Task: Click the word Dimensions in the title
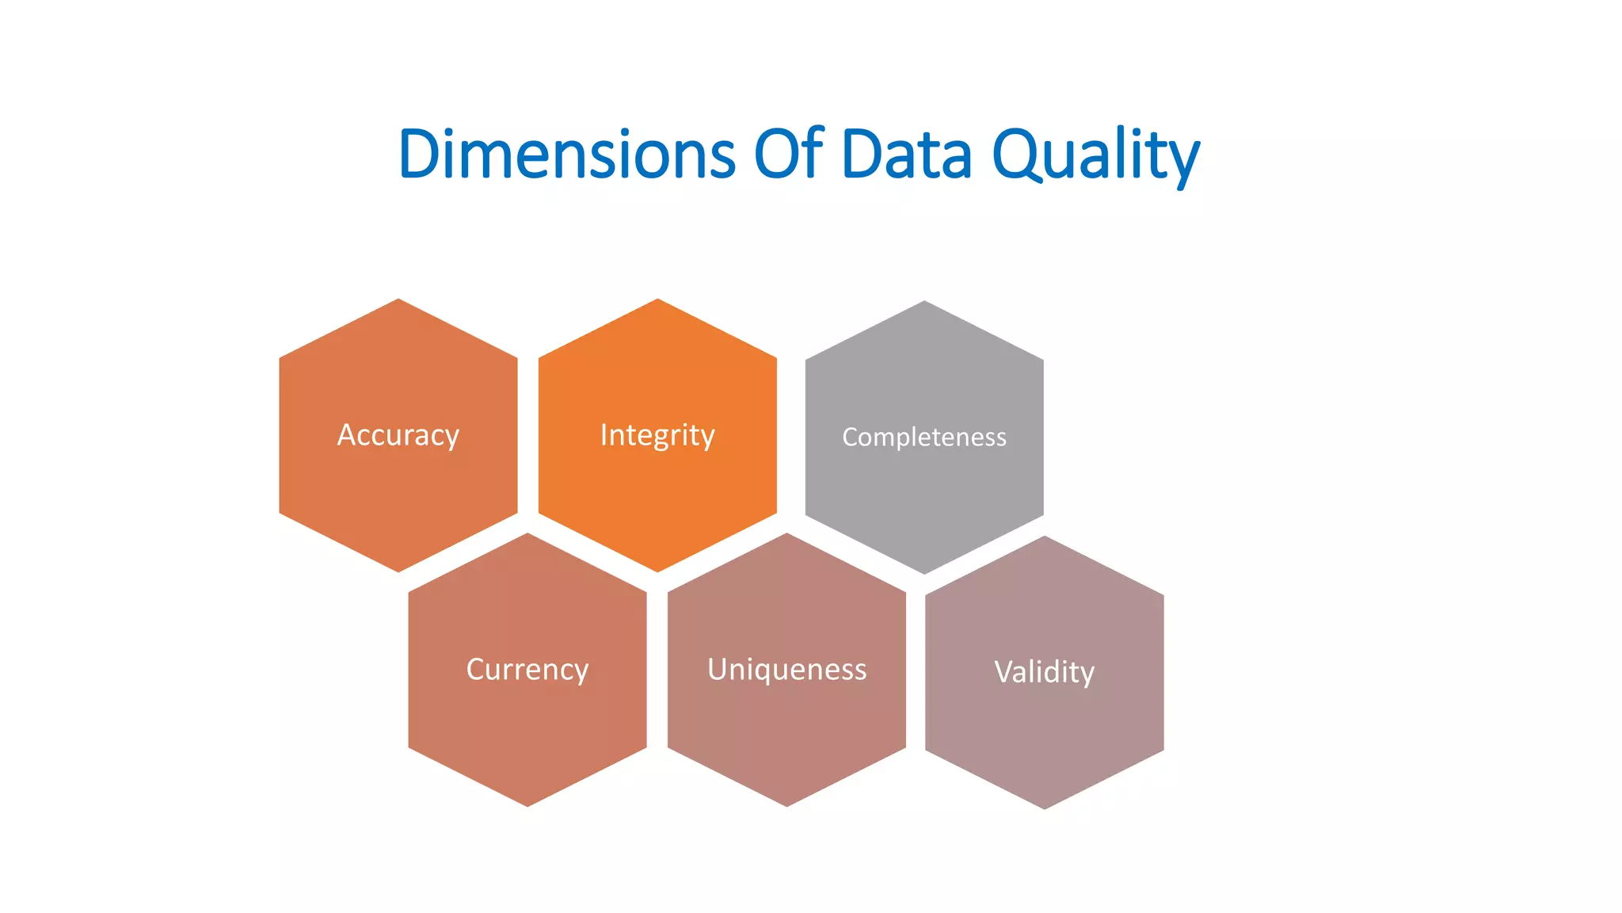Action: click(567, 154)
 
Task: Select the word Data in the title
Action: click(906, 154)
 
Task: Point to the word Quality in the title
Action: click(1096, 155)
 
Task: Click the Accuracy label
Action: click(398, 435)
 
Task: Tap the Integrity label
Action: click(657, 435)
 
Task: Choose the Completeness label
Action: click(924, 437)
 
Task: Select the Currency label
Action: click(527, 670)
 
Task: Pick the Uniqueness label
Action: click(786, 670)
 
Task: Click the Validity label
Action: click(1044, 672)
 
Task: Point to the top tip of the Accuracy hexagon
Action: click(398, 301)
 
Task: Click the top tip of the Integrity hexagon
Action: click(657, 301)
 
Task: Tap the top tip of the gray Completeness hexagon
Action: click(924, 303)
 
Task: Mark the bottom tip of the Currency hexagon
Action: click(527, 804)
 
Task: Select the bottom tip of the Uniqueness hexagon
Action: click(786, 804)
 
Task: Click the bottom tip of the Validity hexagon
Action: click(1044, 807)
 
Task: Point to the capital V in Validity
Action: click(1003, 672)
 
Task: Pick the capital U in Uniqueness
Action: click(718, 670)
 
